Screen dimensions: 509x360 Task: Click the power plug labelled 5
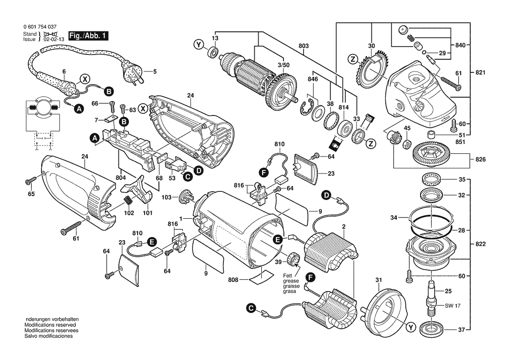coord(132,71)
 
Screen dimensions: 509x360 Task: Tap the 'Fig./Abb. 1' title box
coord(88,35)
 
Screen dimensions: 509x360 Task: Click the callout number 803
coord(303,46)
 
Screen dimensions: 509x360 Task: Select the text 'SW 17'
coord(452,306)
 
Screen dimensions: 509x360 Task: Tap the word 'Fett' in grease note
coord(288,275)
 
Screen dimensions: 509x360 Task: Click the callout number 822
coord(480,244)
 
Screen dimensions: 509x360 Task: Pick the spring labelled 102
coord(128,201)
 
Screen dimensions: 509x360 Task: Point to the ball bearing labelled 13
coord(213,52)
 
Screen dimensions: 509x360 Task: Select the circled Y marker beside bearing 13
coord(199,45)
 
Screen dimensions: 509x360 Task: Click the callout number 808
coord(233,280)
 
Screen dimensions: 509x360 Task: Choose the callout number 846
coord(313,79)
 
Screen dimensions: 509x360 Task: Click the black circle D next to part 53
coord(198,170)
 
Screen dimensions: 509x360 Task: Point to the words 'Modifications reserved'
coord(51,325)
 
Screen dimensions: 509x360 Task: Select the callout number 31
coord(378,280)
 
